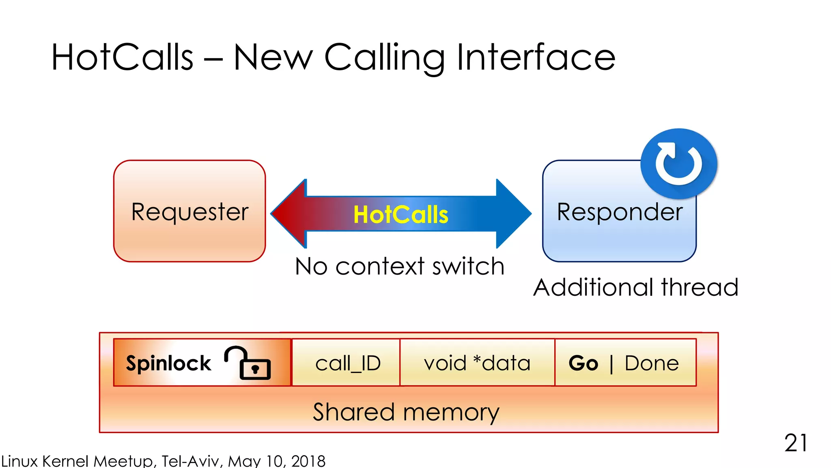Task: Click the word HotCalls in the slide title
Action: pyautogui.click(x=122, y=57)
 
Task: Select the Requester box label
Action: pyautogui.click(x=189, y=212)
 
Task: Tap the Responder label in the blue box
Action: pyautogui.click(x=620, y=212)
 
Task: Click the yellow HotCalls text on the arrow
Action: pyautogui.click(x=400, y=214)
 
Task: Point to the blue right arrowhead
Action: pyautogui.click(x=513, y=214)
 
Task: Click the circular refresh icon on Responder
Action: pyautogui.click(x=679, y=164)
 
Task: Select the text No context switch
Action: pyautogui.click(x=400, y=267)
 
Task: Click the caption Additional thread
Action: pyautogui.click(x=635, y=288)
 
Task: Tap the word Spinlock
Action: pyautogui.click(x=168, y=363)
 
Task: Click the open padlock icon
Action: pyautogui.click(x=248, y=363)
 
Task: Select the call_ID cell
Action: pyautogui.click(x=348, y=363)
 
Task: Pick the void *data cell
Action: pyautogui.click(x=477, y=363)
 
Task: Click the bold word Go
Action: pyautogui.click(x=583, y=363)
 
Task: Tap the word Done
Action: pyautogui.click(x=652, y=363)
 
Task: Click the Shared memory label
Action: pyautogui.click(x=406, y=412)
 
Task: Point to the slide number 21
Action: pyautogui.click(x=796, y=443)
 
